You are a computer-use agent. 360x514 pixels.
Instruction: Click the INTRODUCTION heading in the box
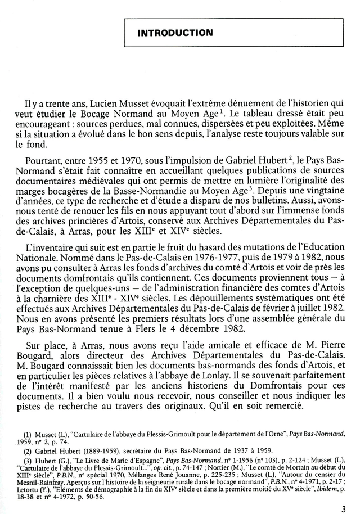click(x=175, y=33)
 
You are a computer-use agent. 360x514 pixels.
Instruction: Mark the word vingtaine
click(x=321, y=194)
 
